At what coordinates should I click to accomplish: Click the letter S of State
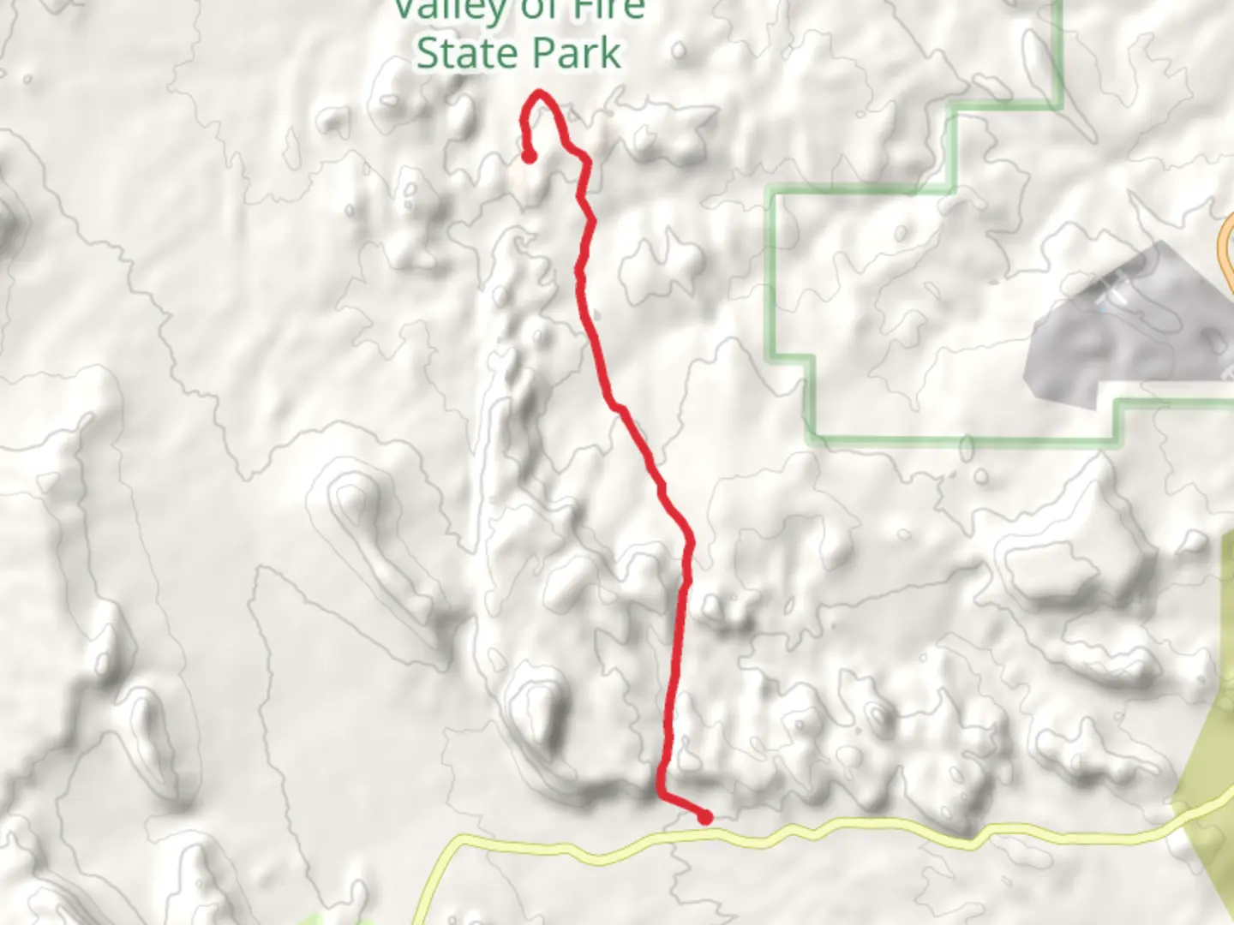tap(428, 53)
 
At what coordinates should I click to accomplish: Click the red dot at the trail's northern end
tap(529, 156)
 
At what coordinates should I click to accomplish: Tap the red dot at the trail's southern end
tap(705, 818)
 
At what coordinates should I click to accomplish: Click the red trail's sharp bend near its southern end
tap(661, 795)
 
